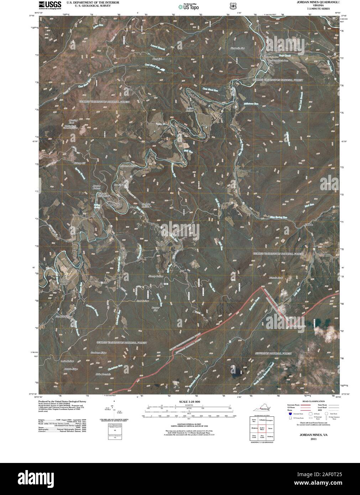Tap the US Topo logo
(189, 6)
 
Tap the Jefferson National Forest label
(273, 353)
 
